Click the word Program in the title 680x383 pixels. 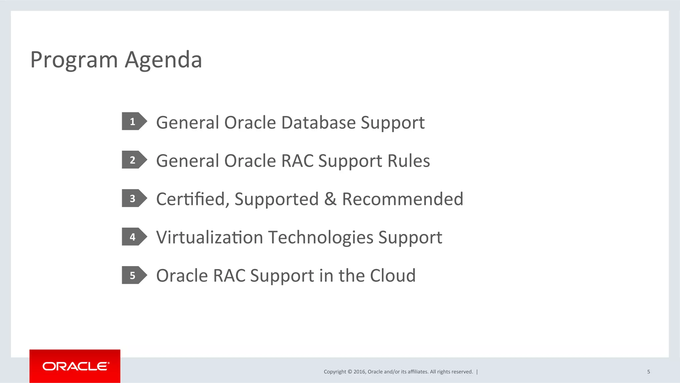click(74, 60)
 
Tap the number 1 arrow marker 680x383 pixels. click(133, 122)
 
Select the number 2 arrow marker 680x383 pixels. click(133, 160)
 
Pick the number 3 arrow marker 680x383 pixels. click(133, 198)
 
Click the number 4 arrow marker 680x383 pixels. click(133, 237)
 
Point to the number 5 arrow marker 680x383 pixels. click(133, 275)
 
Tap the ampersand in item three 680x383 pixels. click(330, 199)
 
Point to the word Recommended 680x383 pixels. click(402, 199)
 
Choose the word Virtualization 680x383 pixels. click(210, 238)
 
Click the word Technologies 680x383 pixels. click(321, 238)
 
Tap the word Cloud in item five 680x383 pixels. click(392, 276)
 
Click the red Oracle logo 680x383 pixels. click(75, 366)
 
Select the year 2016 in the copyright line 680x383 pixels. click(359, 372)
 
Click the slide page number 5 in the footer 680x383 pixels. click(648, 372)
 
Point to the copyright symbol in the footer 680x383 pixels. click(350, 372)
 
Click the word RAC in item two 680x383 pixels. click(297, 161)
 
